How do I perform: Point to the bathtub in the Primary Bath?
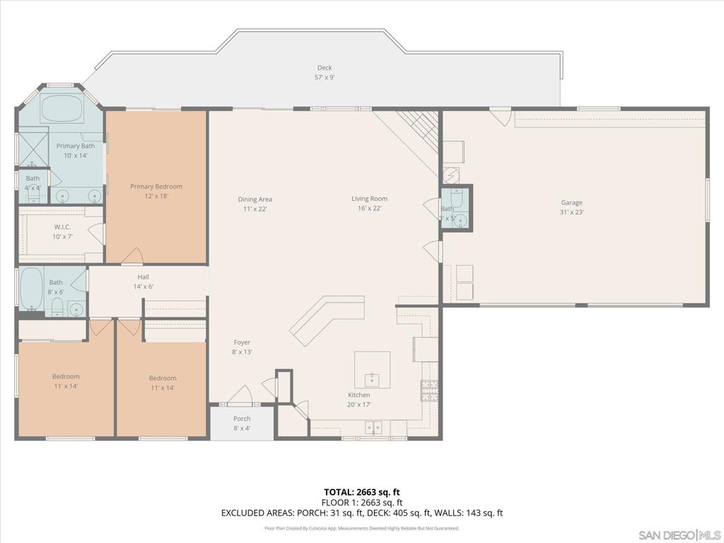pos(62,110)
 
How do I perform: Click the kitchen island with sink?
pos(372,369)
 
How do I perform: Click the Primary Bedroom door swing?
pos(132,255)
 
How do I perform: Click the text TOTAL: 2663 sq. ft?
pos(361,492)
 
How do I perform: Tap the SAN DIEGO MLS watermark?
pos(678,534)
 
